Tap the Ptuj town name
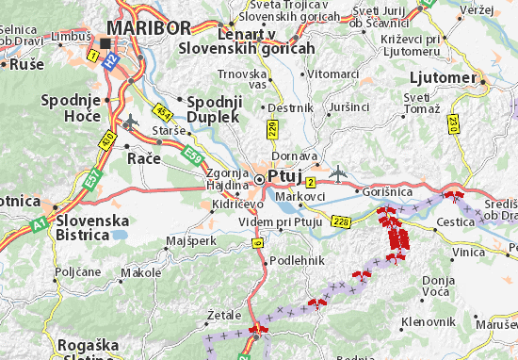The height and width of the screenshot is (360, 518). tap(283, 176)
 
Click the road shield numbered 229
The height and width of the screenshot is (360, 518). tap(272, 127)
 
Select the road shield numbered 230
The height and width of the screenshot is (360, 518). tap(454, 123)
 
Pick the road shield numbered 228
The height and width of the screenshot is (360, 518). tap(341, 221)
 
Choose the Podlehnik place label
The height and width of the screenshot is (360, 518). tap(297, 260)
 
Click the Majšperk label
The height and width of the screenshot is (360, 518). tap(190, 241)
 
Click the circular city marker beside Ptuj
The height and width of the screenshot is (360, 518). tap(260, 176)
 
